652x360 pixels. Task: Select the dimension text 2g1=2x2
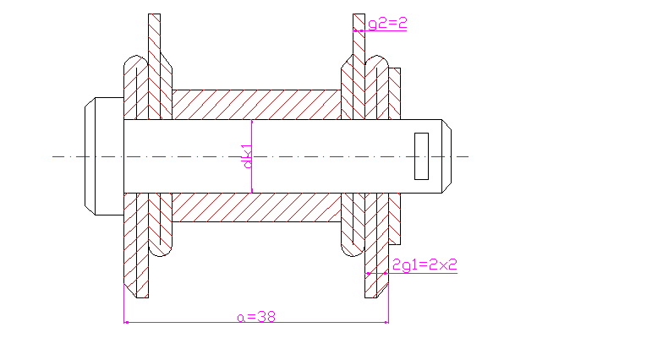425,265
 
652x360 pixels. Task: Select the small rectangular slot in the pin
421,156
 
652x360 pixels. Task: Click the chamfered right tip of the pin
449,156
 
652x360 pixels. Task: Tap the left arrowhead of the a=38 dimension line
126,322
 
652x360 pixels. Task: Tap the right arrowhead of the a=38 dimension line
386,322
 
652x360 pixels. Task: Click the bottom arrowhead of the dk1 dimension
252,190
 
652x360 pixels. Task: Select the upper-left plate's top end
154,19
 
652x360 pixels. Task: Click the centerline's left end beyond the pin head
54,156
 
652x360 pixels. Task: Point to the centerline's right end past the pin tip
464,156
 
